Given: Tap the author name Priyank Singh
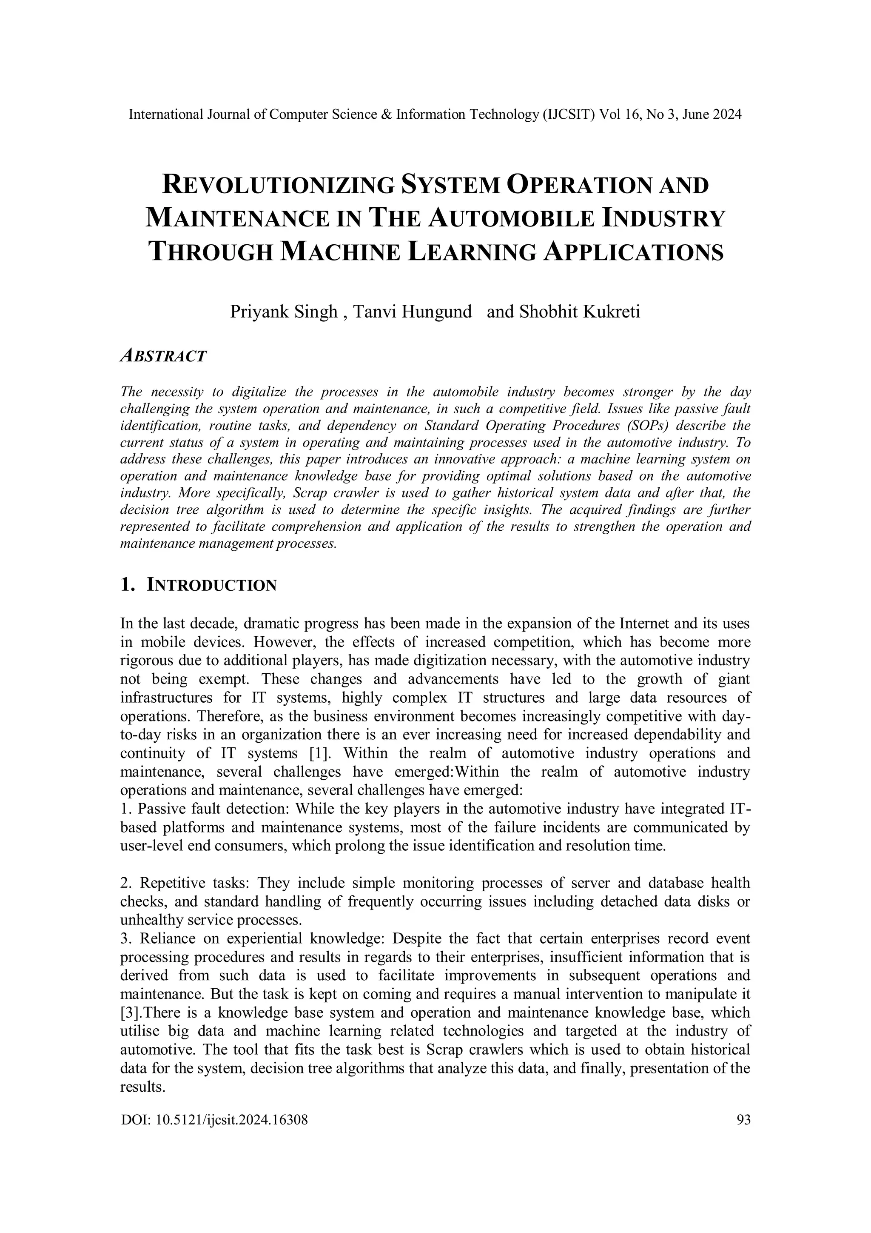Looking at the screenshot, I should point(284,312).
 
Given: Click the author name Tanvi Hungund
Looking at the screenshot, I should point(413,312).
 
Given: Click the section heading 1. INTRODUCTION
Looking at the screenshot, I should point(199,585).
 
